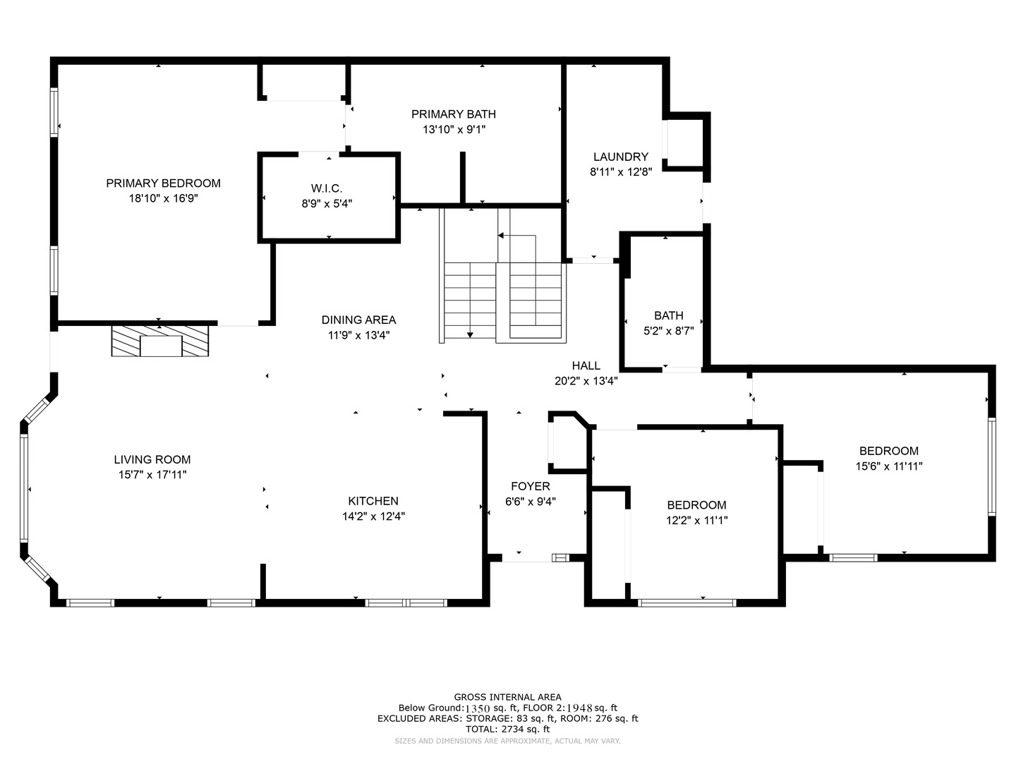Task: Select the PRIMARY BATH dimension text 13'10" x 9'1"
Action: tap(454, 130)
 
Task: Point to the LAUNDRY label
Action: tap(621, 157)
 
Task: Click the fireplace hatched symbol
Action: tap(160, 341)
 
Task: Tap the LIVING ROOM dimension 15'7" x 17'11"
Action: tap(152, 475)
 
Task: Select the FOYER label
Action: tap(531, 486)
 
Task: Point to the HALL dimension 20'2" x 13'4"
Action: tap(586, 381)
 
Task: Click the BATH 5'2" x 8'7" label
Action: tap(668, 323)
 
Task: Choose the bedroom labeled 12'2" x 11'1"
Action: tap(696, 513)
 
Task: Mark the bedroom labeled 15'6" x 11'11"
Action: tap(889, 459)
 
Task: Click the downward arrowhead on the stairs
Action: tap(470, 334)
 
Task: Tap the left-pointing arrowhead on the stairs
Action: tap(500, 236)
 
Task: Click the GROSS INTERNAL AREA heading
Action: tap(507, 697)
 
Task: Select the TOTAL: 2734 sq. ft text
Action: tap(507, 729)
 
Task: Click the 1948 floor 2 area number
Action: tap(580, 708)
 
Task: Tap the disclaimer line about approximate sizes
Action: tap(507, 741)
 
